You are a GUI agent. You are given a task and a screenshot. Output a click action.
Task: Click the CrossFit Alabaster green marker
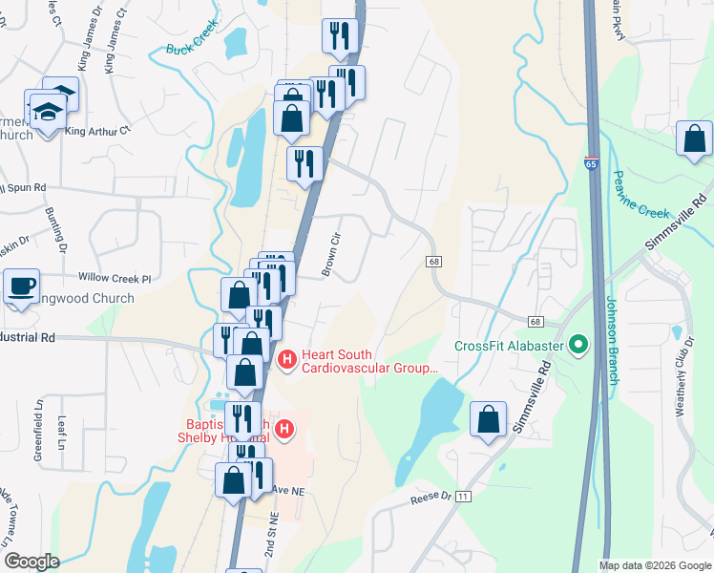pyautogui.click(x=577, y=344)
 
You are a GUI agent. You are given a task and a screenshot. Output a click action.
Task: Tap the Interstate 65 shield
pyautogui.click(x=592, y=163)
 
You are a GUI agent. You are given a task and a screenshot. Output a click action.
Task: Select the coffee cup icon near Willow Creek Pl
pyautogui.click(x=21, y=286)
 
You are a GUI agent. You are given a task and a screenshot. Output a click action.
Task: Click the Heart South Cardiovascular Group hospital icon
pyautogui.click(x=286, y=360)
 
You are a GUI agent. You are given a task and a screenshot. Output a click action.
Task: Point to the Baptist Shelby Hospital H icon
pyautogui.click(x=283, y=430)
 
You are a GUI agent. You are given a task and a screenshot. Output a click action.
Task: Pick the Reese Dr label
pyautogui.click(x=430, y=497)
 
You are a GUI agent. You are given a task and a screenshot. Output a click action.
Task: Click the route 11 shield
pyautogui.click(x=464, y=497)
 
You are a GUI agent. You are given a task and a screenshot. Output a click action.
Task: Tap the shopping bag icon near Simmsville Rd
pyautogui.click(x=489, y=419)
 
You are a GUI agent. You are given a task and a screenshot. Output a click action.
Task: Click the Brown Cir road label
pyautogui.click(x=331, y=254)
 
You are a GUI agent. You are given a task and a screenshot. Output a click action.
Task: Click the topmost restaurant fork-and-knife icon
pyautogui.click(x=340, y=36)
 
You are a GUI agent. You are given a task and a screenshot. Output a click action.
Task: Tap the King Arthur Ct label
pyautogui.click(x=97, y=131)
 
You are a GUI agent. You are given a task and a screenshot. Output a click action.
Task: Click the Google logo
pyautogui.click(x=31, y=562)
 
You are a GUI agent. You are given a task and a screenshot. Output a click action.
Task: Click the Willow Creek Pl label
pyautogui.click(x=115, y=279)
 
